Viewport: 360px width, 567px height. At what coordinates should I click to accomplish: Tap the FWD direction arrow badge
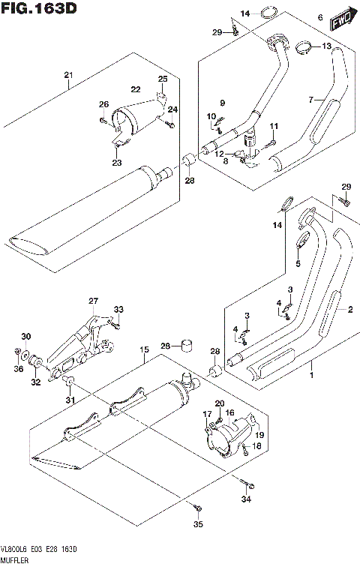tap(343, 19)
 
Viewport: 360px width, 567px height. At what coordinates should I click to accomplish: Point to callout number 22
tap(136, 89)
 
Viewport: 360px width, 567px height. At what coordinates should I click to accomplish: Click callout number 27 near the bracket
tap(93, 301)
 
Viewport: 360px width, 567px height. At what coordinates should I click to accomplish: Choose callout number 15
tap(143, 349)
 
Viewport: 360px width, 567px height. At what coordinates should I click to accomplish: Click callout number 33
tap(118, 310)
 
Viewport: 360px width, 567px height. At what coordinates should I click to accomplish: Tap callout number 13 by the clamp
tap(326, 46)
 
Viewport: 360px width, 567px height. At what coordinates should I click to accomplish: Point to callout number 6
tap(319, 16)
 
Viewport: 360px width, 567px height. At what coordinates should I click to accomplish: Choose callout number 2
tap(348, 309)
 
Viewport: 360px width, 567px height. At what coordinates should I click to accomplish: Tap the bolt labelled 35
tap(196, 528)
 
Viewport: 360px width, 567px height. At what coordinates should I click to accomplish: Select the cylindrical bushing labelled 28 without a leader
tap(187, 346)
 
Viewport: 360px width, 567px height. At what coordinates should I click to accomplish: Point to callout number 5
tap(298, 264)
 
